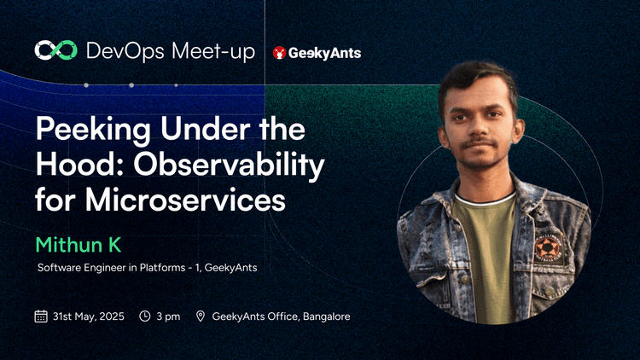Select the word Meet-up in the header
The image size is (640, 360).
pyautogui.click(x=212, y=52)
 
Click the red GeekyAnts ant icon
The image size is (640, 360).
pyautogui.click(x=278, y=52)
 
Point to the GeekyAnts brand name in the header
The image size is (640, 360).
pyautogui.click(x=324, y=52)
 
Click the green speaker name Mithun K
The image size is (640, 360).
pyautogui.click(x=79, y=246)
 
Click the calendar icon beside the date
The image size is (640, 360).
pyautogui.click(x=40, y=316)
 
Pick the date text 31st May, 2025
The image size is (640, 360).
pyautogui.click(x=89, y=316)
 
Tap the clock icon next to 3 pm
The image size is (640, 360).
pyautogui.click(x=145, y=316)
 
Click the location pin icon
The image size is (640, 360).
pyautogui.click(x=201, y=316)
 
